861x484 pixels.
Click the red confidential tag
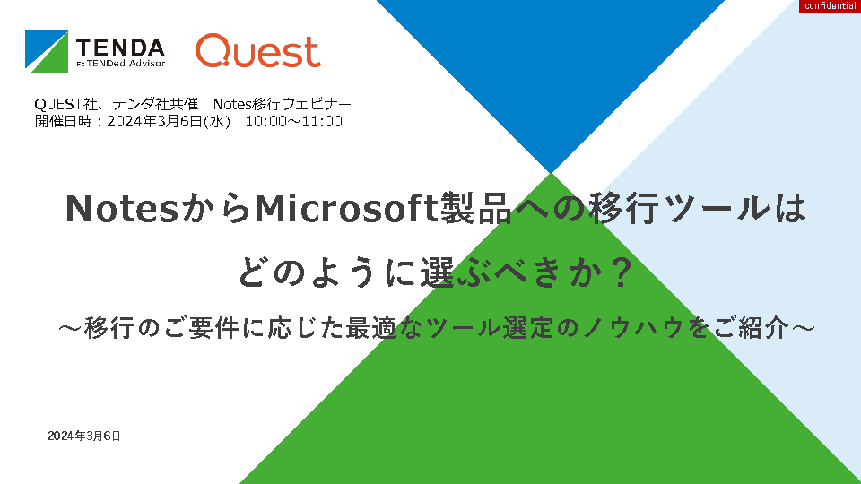(830, 6)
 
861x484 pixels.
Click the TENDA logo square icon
(47, 52)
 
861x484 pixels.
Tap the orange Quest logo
(258, 50)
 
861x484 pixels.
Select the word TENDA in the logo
(120, 48)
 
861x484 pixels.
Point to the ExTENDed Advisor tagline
(121, 63)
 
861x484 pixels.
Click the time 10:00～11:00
(294, 121)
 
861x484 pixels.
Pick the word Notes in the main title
(123, 209)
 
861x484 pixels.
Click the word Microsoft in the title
(347, 209)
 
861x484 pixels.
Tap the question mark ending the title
(622, 272)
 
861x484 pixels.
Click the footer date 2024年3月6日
(84, 436)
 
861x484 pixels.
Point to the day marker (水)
(217, 121)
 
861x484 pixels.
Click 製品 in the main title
(476, 209)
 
